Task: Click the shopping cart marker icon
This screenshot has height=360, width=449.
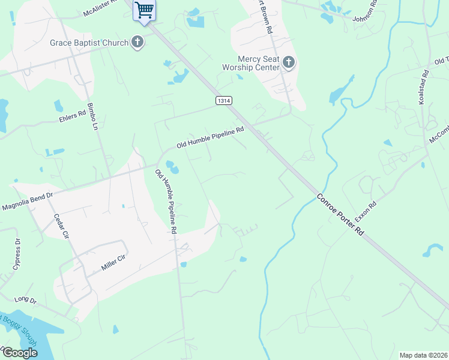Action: pos(144,10)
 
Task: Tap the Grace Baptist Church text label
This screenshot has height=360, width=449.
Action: pos(89,43)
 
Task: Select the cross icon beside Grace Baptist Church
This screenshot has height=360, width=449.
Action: pos(138,43)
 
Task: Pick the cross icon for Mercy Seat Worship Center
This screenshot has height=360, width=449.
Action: pos(289,62)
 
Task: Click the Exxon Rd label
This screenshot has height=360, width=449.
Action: pos(365,210)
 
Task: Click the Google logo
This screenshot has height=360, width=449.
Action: pos(19,353)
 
